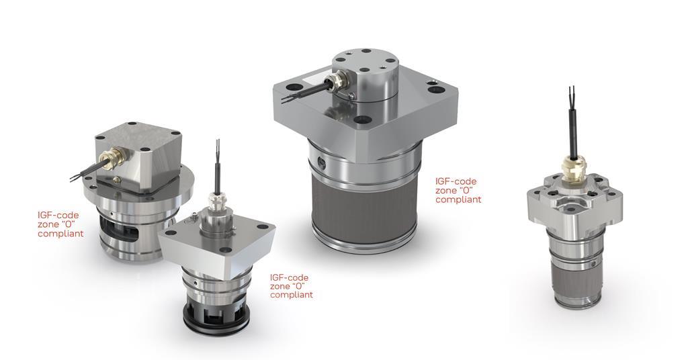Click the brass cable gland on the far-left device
tap(110, 156)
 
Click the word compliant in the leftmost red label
tap(60, 234)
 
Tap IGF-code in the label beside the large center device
tap(456, 181)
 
